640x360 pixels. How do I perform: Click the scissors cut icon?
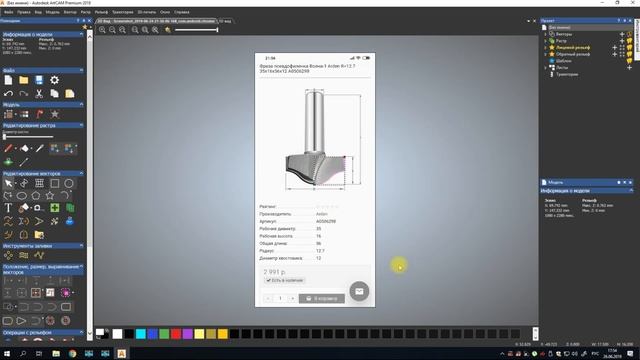point(37,93)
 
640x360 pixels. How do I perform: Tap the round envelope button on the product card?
point(360,292)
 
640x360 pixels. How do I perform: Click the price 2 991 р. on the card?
point(276,272)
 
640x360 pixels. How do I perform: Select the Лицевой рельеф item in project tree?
point(574,47)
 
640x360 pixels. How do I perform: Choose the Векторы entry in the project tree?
point(565,33)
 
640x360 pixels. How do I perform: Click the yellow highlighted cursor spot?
point(398,265)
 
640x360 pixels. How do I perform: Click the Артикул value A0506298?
point(325,221)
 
